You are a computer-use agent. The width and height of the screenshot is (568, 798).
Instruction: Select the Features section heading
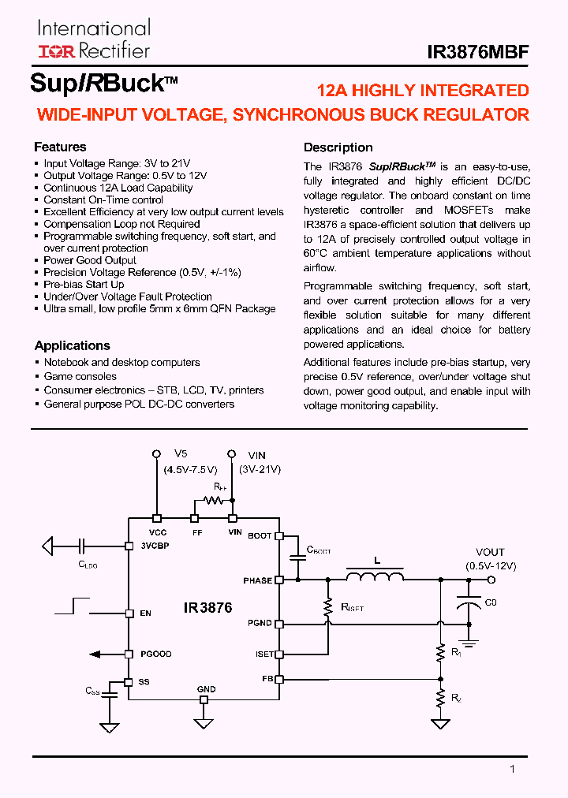pyautogui.click(x=60, y=147)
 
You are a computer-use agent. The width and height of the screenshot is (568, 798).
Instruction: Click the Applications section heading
pyautogui.click(x=72, y=345)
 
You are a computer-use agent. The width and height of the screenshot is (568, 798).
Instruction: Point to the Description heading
pyautogui.click(x=338, y=147)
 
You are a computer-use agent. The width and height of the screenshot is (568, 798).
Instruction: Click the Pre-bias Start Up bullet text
pyautogui.click(x=84, y=284)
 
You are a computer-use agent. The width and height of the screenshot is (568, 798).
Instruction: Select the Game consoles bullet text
pyautogui.click(x=80, y=376)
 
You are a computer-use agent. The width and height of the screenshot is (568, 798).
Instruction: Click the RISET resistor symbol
pyautogui.click(x=327, y=607)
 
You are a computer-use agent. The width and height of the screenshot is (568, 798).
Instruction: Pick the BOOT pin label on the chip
pyautogui.click(x=260, y=535)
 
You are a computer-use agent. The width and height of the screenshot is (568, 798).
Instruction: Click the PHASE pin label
pyautogui.click(x=258, y=580)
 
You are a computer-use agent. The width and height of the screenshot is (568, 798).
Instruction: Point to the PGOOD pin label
pyautogui.click(x=155, y=654)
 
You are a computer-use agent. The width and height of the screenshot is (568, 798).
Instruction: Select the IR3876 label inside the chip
pyautogui.click(x=207, y=608)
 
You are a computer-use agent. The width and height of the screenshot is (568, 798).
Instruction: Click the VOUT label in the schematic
pyautogui.click(x=490, y=552)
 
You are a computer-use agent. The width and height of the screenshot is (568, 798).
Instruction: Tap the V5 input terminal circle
pyautogui.click(x=157, y=454)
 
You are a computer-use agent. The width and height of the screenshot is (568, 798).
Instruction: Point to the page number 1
pyautogui.click(x=512, y=769)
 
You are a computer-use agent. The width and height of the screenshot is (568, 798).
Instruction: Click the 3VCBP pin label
pyautogui.click(x=154, y=546)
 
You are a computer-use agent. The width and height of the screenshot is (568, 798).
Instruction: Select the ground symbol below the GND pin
pyautogui.click(x=204, y=723)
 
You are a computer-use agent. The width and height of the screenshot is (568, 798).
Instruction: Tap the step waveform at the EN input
pyautogui.click(x=73, y=605)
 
